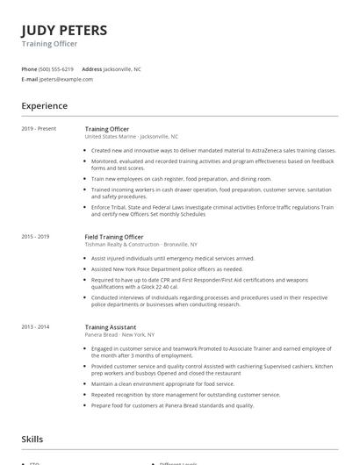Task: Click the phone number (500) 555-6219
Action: tap(57, 68)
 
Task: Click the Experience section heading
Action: tap(44, 106)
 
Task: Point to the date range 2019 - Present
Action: tap(39, 129)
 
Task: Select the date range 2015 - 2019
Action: tap(36, 237)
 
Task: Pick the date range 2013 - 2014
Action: tap(36, 326)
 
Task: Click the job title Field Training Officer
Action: tap(114, 237)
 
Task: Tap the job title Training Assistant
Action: tap(110, 326)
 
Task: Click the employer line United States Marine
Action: tap(131, 137)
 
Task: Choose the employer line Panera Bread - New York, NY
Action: tap(119, 334)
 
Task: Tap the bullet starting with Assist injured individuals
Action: tap(172, 259)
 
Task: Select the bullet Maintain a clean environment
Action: tap(162, 383)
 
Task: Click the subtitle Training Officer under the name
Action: tap(49, 44)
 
